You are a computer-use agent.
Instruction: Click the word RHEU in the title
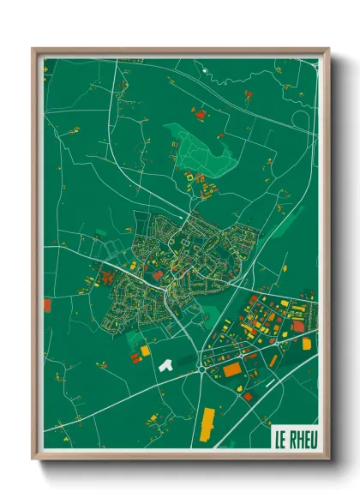(300, 440)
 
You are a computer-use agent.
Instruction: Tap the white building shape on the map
(166, 364)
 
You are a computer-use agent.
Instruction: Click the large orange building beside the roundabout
(232, 369)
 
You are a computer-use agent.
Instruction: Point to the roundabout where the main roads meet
(201, 369)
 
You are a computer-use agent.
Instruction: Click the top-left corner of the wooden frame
(34, 50)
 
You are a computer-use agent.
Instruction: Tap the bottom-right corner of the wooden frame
(327, 457)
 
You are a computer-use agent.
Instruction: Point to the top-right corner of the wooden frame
(327, 50)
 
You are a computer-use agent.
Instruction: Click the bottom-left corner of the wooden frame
(34, 457)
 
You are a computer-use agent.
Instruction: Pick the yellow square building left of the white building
(145, 351)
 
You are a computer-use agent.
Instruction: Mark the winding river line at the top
(257, 73)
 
